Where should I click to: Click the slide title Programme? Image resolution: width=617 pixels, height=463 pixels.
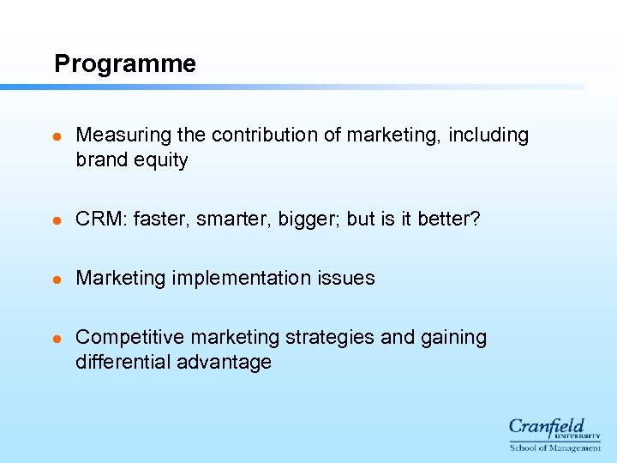[124, 64]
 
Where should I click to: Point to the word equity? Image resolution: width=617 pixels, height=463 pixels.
[162, 160]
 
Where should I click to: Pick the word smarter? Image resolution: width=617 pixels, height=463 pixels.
[226, 219]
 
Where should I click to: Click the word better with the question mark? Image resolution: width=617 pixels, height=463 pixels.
[449, 219]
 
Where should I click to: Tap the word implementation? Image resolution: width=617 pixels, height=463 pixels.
[243, 278]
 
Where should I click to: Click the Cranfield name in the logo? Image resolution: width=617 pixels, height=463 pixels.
[547, 426]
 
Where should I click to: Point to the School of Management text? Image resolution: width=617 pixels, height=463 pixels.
[555, 448]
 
